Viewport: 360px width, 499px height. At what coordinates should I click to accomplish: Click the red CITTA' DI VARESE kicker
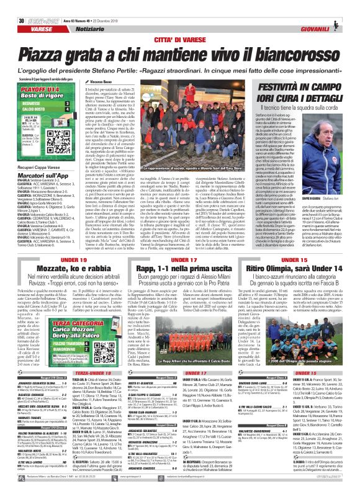[x=180, y=24]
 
